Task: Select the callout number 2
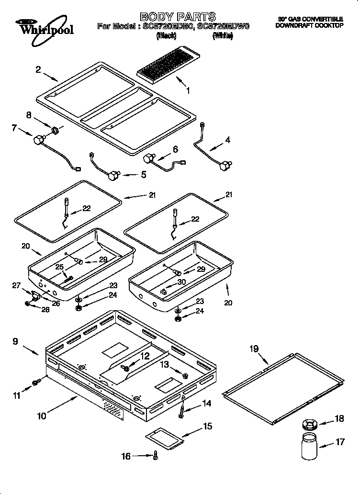pyautogui.click(x=38, y=69)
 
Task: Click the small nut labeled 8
pyautogui.click(x=55, y=129)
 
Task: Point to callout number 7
pyautogui.click(x=14, y=128)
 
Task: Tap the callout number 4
pyautogui.click(x=227, y=140)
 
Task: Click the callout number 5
pyautogui.click(x=143, y=175)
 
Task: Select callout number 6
pyautogui.click(x=175, y=149)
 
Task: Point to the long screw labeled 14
pyautogui.click(x=182, y=408)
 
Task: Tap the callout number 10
pyautogui.click(x=42, y=416)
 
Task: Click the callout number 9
pyautogui.click(x=15, y=342)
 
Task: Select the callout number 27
pyautogui.click(x=17, y=286)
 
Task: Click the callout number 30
pyautogui.click(x=181, y=282)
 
